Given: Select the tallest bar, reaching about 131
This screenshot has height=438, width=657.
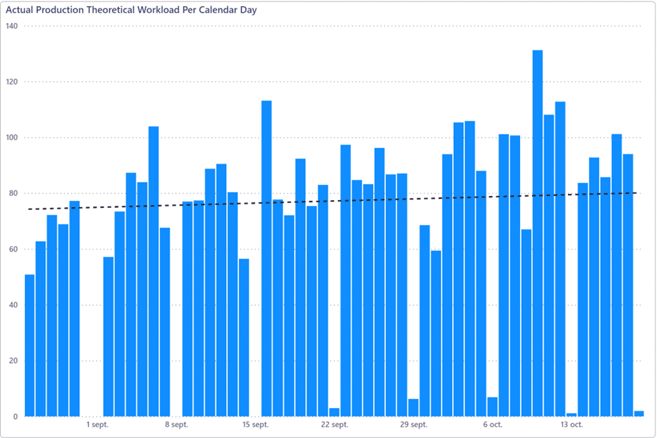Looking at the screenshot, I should coord(537,233).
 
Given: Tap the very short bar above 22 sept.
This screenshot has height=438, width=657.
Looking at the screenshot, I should coord(334,412).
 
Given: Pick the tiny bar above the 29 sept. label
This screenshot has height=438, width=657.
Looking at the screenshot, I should coord(413,408).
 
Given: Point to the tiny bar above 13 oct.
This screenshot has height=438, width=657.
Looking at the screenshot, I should coord(571,414).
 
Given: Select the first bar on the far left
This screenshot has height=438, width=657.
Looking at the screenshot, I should coord(29,346).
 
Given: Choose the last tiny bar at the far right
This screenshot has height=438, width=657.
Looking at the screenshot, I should coord(639,414).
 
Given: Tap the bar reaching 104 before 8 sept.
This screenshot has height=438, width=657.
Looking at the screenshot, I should coord(154,271).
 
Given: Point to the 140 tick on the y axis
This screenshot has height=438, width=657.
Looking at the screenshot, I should coord(11,26).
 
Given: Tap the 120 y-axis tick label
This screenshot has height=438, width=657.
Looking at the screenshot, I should coord(11,82).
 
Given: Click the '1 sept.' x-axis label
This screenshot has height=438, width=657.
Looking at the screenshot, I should coord(97,424).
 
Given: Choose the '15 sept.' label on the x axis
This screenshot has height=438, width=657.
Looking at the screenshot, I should coord(255,424).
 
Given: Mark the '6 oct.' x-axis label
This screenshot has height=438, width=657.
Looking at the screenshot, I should coord(492,424).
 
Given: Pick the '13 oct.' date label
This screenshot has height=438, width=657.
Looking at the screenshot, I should coord(571,424).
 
